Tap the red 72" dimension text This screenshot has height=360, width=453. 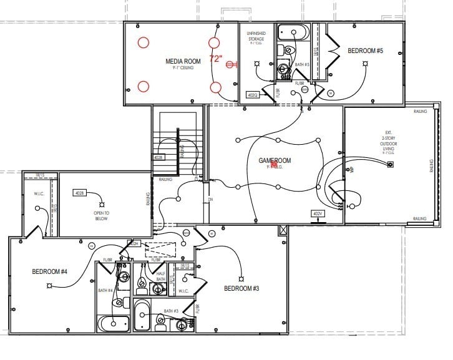217,59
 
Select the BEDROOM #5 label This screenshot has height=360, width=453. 365,51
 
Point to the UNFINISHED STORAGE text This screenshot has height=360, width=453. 256,38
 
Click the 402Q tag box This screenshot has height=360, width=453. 253,95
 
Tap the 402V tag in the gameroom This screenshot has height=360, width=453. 317,213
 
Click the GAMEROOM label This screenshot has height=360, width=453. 275,161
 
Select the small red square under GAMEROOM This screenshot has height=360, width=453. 273,166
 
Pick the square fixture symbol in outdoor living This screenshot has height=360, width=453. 391,165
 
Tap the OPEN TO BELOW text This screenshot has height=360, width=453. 102,216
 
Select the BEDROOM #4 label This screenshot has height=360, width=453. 49,271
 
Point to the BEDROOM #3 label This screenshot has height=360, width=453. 241,288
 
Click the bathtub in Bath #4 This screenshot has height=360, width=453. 113,324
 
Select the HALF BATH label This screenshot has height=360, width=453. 162,276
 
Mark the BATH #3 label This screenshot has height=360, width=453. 172,311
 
